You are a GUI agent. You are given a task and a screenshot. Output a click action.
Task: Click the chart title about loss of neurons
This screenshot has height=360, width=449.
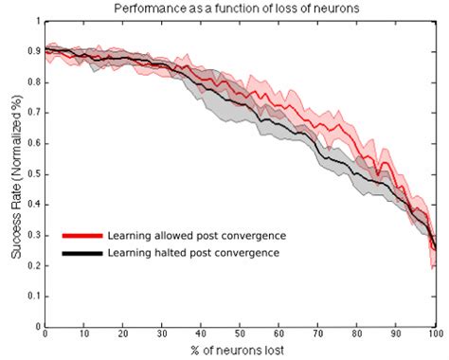pos(240,9)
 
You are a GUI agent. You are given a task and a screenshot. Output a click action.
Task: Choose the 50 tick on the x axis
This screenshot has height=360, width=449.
pos(241,333)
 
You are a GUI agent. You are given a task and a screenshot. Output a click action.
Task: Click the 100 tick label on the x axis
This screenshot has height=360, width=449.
pos(435,333)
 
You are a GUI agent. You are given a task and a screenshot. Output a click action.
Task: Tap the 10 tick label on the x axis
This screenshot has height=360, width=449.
pos(84,333)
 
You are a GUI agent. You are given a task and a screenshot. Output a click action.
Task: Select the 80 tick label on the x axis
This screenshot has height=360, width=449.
pos(358,333)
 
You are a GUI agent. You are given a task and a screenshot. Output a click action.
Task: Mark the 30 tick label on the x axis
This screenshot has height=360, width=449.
pos(162,333)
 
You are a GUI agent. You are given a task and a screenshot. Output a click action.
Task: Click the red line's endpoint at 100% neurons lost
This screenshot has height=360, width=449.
pos(435,248)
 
